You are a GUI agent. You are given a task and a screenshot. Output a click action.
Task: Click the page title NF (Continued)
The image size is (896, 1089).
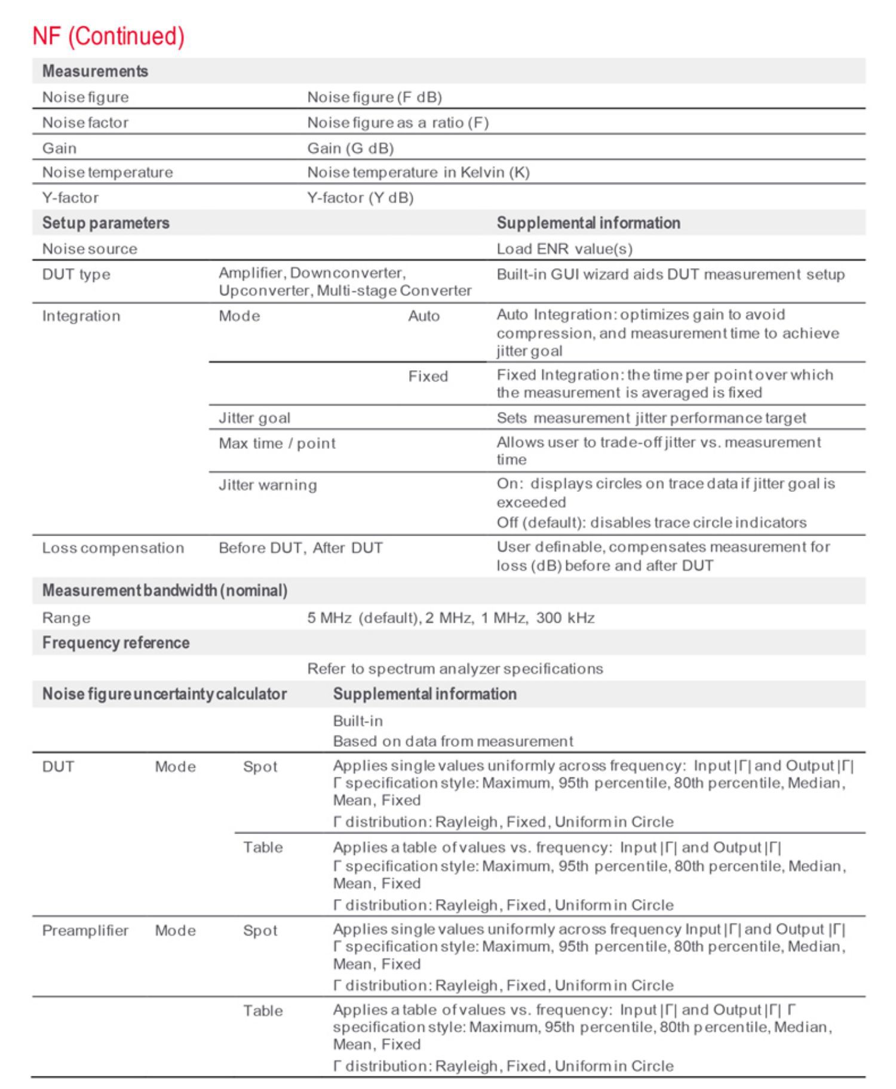point(108,36)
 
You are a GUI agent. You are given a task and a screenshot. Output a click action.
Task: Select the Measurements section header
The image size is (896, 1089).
point(95,71)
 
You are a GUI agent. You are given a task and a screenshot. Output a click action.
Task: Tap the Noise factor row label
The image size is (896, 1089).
point(85,122)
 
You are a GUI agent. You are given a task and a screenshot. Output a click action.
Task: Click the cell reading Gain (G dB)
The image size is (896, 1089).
point(350,148)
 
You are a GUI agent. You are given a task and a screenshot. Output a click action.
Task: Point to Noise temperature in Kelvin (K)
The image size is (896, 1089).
point(418,173)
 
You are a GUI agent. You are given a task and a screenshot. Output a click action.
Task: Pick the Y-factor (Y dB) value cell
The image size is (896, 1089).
point(360,198)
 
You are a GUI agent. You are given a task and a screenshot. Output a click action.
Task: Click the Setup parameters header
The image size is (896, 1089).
point(106,223)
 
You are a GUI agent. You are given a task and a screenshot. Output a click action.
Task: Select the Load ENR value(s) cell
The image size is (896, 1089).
point(564,249)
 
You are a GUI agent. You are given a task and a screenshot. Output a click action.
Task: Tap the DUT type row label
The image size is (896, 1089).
point(76,275)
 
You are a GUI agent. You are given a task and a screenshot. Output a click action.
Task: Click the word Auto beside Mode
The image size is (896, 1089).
point(424,316)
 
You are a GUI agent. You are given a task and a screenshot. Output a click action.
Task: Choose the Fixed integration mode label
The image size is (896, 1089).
point(428,376)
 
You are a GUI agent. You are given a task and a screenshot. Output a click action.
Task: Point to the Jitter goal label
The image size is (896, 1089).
point(254,418)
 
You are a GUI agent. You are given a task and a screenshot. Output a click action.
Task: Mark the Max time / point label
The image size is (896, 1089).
point(277,444)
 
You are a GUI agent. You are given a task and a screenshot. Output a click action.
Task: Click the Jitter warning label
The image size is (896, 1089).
point(268,485)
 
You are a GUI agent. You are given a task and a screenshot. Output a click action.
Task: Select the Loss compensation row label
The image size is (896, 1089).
point(113,548)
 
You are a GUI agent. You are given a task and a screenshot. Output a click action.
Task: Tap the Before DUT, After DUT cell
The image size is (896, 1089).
point(300,548)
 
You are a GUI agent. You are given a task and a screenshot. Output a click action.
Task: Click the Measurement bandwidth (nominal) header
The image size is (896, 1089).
point(165,591)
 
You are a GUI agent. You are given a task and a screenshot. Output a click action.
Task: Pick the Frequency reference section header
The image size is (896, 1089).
point(116,643)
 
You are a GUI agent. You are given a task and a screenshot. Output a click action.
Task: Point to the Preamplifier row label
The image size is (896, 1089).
point(85,931)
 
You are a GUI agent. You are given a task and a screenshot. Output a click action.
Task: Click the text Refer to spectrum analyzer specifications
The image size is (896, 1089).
point(455,669)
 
